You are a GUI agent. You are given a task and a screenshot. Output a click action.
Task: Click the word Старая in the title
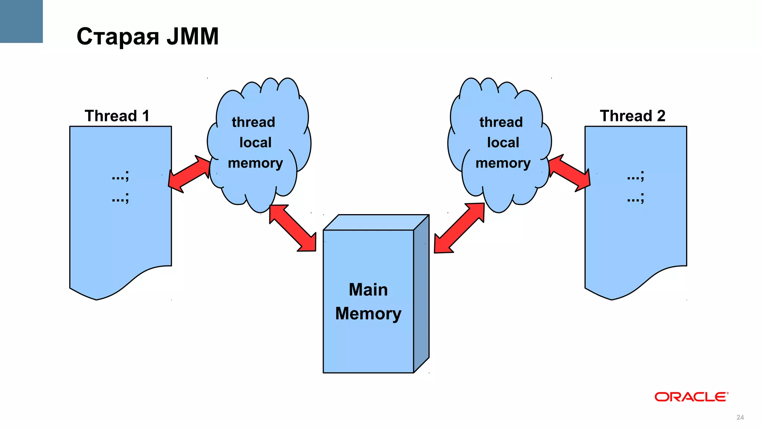(x=118, y=37)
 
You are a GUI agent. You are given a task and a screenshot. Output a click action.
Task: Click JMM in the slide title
(x=192, y=36)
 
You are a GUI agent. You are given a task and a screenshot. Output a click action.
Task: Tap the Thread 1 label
(x=117, y=116)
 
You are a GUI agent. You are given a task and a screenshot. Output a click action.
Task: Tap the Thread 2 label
(x=633, y=116)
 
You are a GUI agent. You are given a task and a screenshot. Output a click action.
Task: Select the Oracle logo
(x=691, y=397)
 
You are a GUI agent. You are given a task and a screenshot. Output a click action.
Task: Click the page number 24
(x=740, y=417)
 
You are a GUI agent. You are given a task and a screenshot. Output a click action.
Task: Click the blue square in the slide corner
(x=21, y=21)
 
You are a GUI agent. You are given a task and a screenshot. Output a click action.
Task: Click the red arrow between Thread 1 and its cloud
(x=190, y=174)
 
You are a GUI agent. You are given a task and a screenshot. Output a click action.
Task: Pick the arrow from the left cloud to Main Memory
(x=293, y=228)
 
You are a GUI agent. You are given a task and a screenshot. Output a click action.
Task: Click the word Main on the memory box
(x=368, y=290)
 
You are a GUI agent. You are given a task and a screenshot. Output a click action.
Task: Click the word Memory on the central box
(x=368, y=314)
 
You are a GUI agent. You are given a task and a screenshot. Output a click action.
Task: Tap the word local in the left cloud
(x=255, y=143)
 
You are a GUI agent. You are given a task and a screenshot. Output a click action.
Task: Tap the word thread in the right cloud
(x=501, y=122)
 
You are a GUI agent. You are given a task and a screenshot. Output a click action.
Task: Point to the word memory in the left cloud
(x=255, y=163)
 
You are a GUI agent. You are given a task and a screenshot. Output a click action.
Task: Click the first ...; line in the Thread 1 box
(x=120, y=176)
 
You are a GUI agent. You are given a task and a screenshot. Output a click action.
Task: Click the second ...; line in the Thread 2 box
(x=635, y=198)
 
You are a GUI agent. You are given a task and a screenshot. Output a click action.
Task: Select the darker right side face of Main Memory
(x=422, y=294)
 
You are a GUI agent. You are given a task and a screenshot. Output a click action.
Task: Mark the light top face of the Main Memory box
(x=376, y=222)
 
